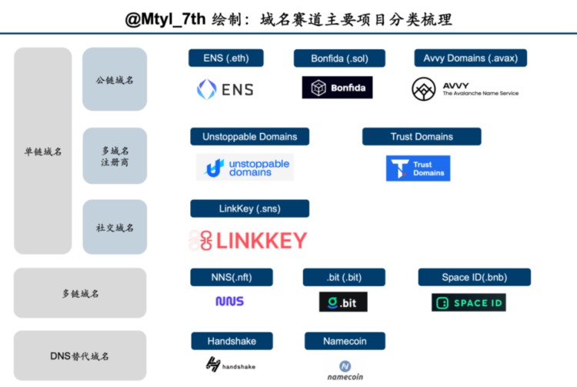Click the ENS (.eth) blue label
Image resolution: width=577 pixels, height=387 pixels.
(x=226, y=58)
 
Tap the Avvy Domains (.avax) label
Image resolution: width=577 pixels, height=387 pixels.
(x=470, y=58)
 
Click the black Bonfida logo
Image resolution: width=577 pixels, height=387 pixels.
(x=337, y=88)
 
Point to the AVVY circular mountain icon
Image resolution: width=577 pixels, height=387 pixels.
(x=424, y=89)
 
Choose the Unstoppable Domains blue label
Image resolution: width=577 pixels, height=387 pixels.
(x=249, y=137)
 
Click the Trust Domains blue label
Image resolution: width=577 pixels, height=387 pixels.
(x=422, y=137)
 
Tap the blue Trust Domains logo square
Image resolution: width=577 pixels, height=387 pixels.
(x=418, y=168)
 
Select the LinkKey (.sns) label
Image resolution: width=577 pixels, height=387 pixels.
(x=249, y=209)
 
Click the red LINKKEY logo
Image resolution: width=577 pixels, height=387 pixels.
(x=248, y=241)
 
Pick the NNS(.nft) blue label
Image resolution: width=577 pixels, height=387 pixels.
(x=230, y=277)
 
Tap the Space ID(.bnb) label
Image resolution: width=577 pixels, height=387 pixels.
(x=474, y=277)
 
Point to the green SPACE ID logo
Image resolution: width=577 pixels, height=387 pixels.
(x=469, y=302)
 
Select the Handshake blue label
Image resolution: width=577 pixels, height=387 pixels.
(x=231, y=341)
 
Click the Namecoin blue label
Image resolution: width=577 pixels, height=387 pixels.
(x=345, y=341)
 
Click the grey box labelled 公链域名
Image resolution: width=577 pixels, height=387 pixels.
(x=115, y=79)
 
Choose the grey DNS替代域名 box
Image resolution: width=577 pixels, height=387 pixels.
(x=80, y=356)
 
